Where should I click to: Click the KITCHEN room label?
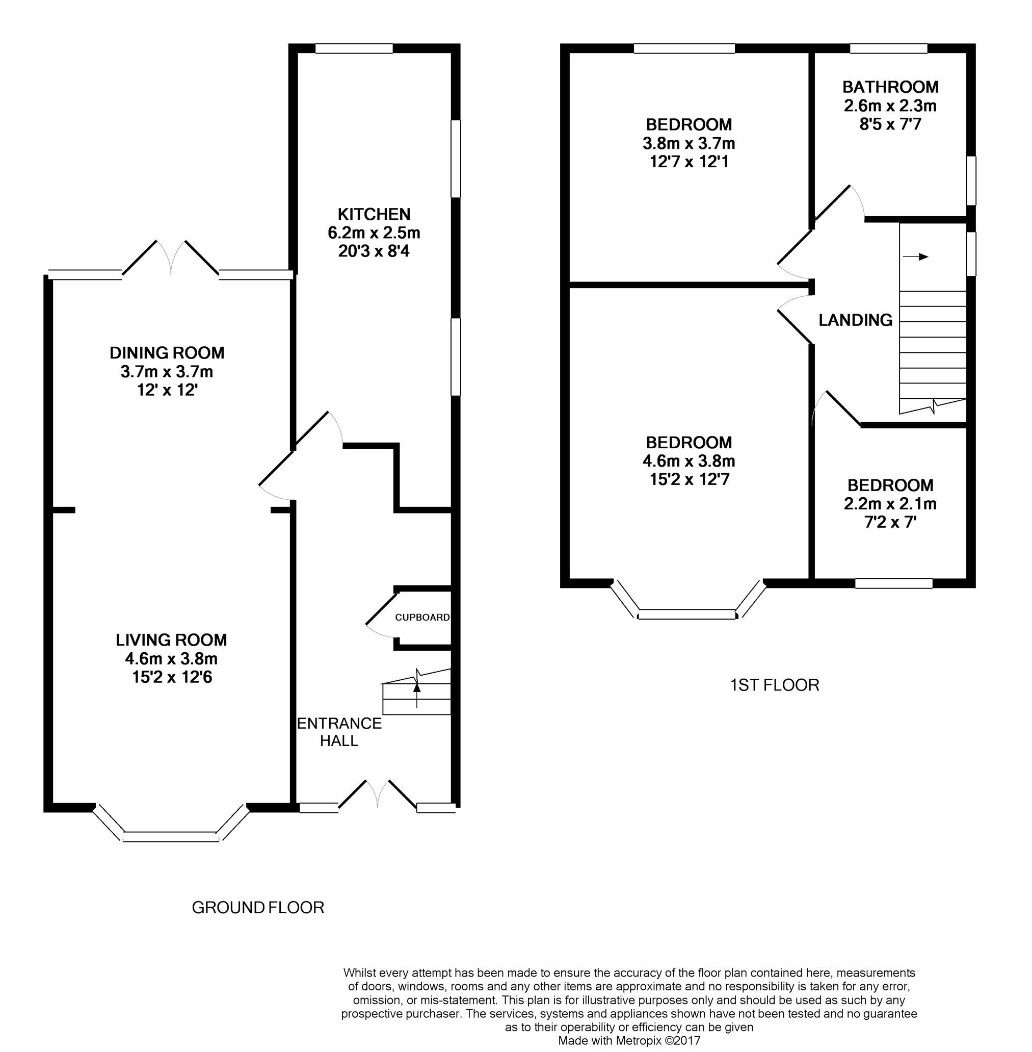pyautogui.click(x=374, y=214)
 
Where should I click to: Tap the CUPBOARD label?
pyautogui.click(x=422, y=617)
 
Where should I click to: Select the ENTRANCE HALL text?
pyautogui.click(x=339, y=732)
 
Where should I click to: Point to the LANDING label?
pyautogui.click(x=855, y=320)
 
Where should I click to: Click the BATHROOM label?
pyautogui.click(x=890, y=87)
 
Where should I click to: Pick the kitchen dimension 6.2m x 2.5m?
pyautogui.click(x=374, y=233)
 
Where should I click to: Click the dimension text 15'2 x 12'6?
pyautogui.click(x=172, y=677)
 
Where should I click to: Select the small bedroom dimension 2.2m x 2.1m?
pyautogui.click(x=890, y=504)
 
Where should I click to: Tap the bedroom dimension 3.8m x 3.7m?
pyautogui.click(x=689, y=143)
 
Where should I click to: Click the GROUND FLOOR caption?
pyautogui.click(x=258, y=907)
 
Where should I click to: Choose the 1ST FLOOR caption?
pyautogui.click(x=775, y=685)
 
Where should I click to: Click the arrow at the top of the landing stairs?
pyautogui.click(x=915, y=256)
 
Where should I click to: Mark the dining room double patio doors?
pyautogui.click(x=171, y=258)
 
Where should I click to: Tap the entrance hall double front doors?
pyautogui.click(x=378, y=794)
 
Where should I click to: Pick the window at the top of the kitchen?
pyautogui.click(x=354, y=49)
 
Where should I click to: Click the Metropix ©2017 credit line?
pyautogui.click(x=629, y=1041)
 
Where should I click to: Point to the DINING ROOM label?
pyautogui.click(x=167, y=353)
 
